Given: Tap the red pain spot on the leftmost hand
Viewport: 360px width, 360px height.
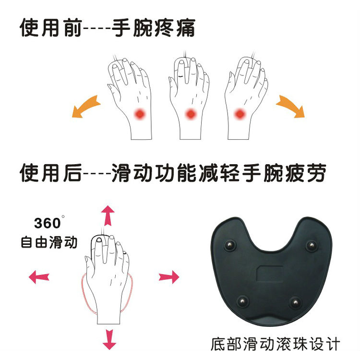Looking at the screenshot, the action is [140, 114].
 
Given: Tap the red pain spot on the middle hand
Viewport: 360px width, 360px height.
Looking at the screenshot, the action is [191, 114].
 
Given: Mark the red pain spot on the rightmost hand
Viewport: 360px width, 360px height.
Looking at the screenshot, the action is [240, 114].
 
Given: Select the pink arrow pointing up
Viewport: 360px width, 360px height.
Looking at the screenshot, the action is [108, 216].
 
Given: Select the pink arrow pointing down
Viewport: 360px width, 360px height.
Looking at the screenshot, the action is [109, 339].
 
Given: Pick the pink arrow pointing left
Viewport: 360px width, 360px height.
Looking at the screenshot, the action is [39, 277].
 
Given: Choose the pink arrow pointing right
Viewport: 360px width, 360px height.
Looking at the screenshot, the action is [169, 277].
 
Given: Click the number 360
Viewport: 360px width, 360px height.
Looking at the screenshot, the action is [48, 223].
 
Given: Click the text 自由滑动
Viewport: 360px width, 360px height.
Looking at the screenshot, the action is [49, 242].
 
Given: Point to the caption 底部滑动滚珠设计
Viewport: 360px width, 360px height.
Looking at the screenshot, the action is [275, 344].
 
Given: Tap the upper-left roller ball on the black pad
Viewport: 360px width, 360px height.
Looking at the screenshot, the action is [229, 245].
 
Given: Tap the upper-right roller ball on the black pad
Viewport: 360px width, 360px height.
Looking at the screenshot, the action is [312, 245].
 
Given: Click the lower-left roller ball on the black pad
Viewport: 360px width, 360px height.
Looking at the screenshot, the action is [242, 301].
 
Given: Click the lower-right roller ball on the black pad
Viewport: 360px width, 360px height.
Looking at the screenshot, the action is [296, 302].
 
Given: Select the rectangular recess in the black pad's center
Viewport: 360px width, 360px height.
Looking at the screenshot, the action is [270, 273].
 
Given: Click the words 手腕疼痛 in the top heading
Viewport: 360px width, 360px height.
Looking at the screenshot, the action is [154, 28].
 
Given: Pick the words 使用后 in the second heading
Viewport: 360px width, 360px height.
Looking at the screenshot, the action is [51, 173].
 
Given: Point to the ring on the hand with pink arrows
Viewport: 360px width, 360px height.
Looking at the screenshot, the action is [125, 252].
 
